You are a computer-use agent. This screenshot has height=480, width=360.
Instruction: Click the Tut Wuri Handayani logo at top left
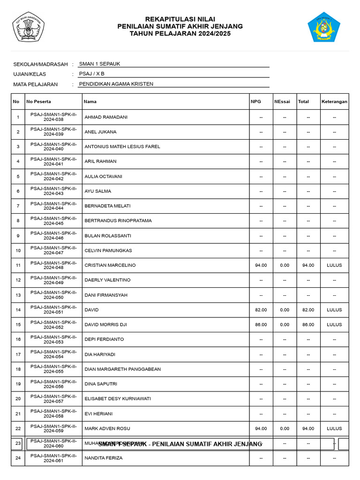pos(28,27)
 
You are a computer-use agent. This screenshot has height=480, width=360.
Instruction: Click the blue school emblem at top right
pos(323,27)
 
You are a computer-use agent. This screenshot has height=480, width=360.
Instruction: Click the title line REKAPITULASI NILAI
pos(180,19)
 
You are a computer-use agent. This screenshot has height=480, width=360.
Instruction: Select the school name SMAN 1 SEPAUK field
pos(99,64)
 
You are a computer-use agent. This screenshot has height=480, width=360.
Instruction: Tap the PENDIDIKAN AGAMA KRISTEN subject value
pos(116,84)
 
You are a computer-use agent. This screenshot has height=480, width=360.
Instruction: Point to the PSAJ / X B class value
pos(92,74)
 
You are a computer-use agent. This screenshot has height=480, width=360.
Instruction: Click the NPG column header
pos(256,101)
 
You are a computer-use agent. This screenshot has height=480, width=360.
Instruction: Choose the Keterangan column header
pos(334,101)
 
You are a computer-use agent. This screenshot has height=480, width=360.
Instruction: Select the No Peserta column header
pos(39,101)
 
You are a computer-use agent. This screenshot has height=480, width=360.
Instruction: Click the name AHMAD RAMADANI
pos(106,117)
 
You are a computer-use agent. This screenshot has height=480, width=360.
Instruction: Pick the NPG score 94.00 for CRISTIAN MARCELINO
pos(261,265)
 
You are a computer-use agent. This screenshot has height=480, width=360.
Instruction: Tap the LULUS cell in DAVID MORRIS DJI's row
pos(334,324)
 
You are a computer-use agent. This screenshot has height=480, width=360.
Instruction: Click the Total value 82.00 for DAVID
pos(308,310)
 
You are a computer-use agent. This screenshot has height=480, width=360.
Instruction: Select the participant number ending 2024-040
pos(53,147)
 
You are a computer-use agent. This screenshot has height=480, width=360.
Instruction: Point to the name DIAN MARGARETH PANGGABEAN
pos(122,369)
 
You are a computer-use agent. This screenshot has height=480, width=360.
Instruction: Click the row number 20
pos(18,399)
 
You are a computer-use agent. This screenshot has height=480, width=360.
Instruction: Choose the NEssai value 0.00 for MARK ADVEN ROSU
pos(285,428)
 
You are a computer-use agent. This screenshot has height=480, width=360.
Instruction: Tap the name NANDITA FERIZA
pos(104,458)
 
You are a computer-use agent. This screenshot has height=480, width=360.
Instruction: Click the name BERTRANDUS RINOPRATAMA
pos(118,221)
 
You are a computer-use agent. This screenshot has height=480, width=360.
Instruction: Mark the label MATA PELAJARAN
pos(36,84)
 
